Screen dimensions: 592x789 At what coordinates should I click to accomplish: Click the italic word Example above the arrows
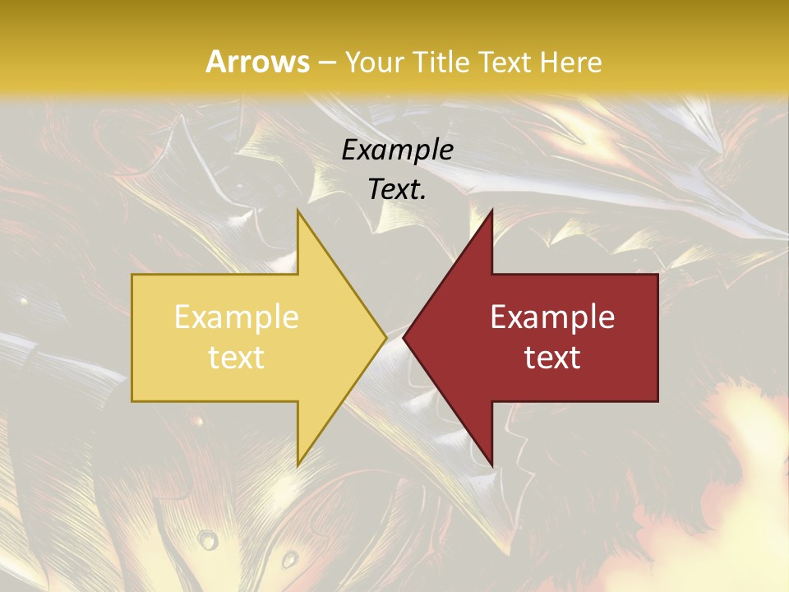click(x=397, y=150)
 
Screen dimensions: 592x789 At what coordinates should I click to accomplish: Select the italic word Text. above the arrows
click(x=397, y=189)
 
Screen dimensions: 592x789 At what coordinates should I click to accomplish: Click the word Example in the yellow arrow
click(x=237, y=317)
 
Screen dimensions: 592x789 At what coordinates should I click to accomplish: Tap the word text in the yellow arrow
click(x=237, y=357)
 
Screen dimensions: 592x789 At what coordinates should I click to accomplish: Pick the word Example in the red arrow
click(x=552, y=317)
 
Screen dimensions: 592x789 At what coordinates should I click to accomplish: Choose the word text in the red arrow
click(x=552, y=357)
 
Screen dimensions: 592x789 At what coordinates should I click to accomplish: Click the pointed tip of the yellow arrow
click(x=386, y=337)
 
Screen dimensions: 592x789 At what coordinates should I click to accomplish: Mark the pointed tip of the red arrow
click(x=404, y=337)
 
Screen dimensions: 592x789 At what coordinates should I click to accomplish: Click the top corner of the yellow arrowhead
click(x=298, y=211)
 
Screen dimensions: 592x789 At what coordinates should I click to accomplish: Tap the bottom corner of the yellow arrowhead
click(x=298, y=465)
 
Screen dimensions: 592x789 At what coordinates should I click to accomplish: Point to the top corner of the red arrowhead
click(x=491, y=211)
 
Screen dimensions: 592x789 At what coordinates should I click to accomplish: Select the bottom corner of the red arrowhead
click(x=491, y=465)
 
